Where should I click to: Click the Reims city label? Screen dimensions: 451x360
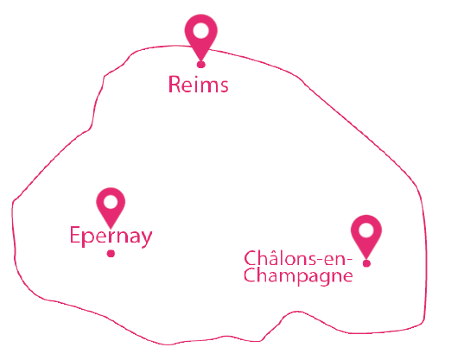[x=199, y=84]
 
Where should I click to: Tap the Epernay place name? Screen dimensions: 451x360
[x=111, y=237]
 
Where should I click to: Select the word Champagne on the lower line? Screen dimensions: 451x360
[x=298, y=276]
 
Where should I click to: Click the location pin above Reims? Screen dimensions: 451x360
[x=201, y=37]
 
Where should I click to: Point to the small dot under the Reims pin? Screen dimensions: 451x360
[x=201, y=65]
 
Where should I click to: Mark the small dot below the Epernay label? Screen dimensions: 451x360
[x=111, y=254]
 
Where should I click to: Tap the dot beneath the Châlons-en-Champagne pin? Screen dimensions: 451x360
[x=366, y=263]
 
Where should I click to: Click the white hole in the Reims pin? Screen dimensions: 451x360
[x=201, y=30]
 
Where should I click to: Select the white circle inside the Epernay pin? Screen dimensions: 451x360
[x=111, y=201]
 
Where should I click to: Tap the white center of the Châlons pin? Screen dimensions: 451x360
[x=366, y=231]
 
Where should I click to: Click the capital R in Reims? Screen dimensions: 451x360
[x=175, y=85]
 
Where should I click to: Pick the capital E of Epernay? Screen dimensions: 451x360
[x=74, y=235]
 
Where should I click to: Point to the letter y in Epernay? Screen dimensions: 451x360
[x=145, y=239]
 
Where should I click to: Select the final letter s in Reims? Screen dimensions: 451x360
[x=224, y=86]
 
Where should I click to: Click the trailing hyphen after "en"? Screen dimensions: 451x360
[x=348, y=260]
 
